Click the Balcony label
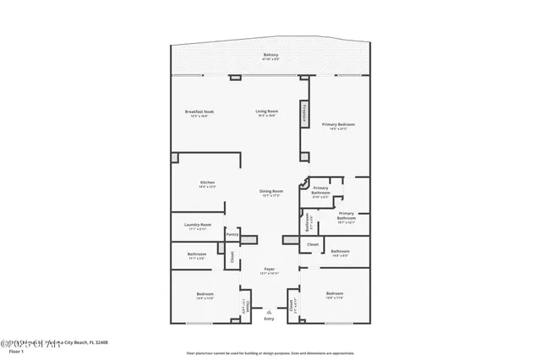pyautogui.click(x=270, y=56)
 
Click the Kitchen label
pyautogui.click(x=207, y=183)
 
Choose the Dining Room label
pyautogui.click(x=270, y=193)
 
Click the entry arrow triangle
pyautogui.click(x=269, y=312)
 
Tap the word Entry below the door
pyautogui.click(x=269, y=319)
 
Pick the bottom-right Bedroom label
pyautogui.click(x=335, y=294)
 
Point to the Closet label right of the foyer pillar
pyautogui.click(x=312, y=244)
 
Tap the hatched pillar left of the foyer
pyautogui.click(x=247, y=240)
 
